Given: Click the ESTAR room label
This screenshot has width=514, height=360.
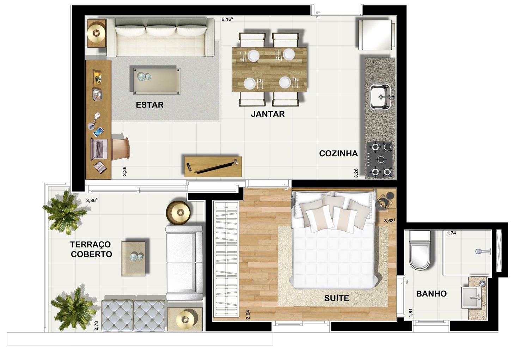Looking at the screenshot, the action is tap(149, 105).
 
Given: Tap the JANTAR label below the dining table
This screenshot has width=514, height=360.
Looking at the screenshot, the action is tap(268, 114).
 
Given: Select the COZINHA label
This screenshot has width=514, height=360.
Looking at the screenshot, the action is tap(338, 153).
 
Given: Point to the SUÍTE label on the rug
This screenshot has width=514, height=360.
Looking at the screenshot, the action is tap(337, 298).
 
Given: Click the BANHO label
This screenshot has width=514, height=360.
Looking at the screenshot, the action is tap(432, 294).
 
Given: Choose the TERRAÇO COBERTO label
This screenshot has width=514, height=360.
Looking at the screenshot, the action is tap(91, 249).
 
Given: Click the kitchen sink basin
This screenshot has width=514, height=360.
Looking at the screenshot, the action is tap(381, 97).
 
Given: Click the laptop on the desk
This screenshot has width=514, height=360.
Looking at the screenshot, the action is tap(99, 149).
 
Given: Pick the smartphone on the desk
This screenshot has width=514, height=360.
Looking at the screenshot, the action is tap(98, 132).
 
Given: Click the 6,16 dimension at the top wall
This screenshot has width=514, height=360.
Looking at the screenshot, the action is tap(227, 19).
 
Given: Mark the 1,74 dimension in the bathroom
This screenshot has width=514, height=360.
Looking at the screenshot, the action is tap(451, 233).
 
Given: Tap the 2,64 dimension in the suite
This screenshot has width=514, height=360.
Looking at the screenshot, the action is tap(248, 315).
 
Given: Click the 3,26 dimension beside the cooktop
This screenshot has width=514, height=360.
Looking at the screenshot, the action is tap(356, 173).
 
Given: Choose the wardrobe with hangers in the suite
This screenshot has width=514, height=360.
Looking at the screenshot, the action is tap(226, 259).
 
